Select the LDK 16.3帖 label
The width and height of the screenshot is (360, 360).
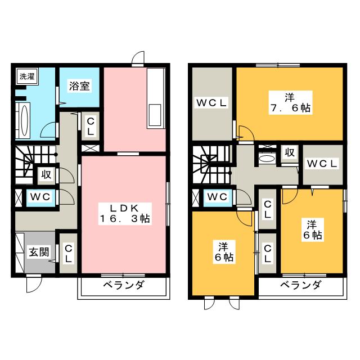pos(125,213)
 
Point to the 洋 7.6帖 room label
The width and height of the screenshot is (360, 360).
pos(289,102)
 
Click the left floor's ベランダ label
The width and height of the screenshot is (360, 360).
pos(123,286)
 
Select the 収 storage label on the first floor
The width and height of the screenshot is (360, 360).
pos(46,174)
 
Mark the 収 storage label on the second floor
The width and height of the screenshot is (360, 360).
pos(289,153)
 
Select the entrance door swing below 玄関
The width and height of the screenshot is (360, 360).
pos(33,284)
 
